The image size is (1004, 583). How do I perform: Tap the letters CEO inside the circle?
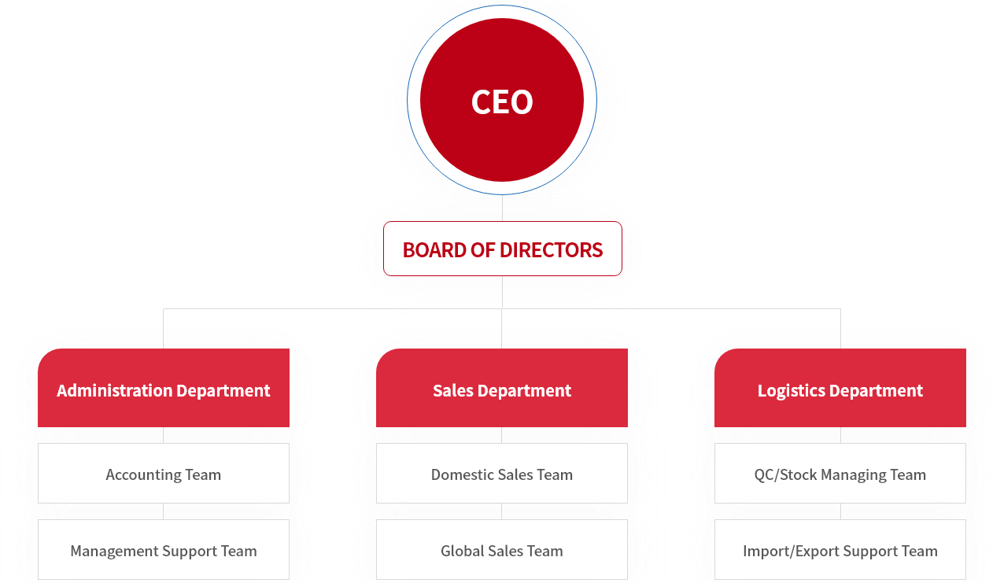click(502, 102)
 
